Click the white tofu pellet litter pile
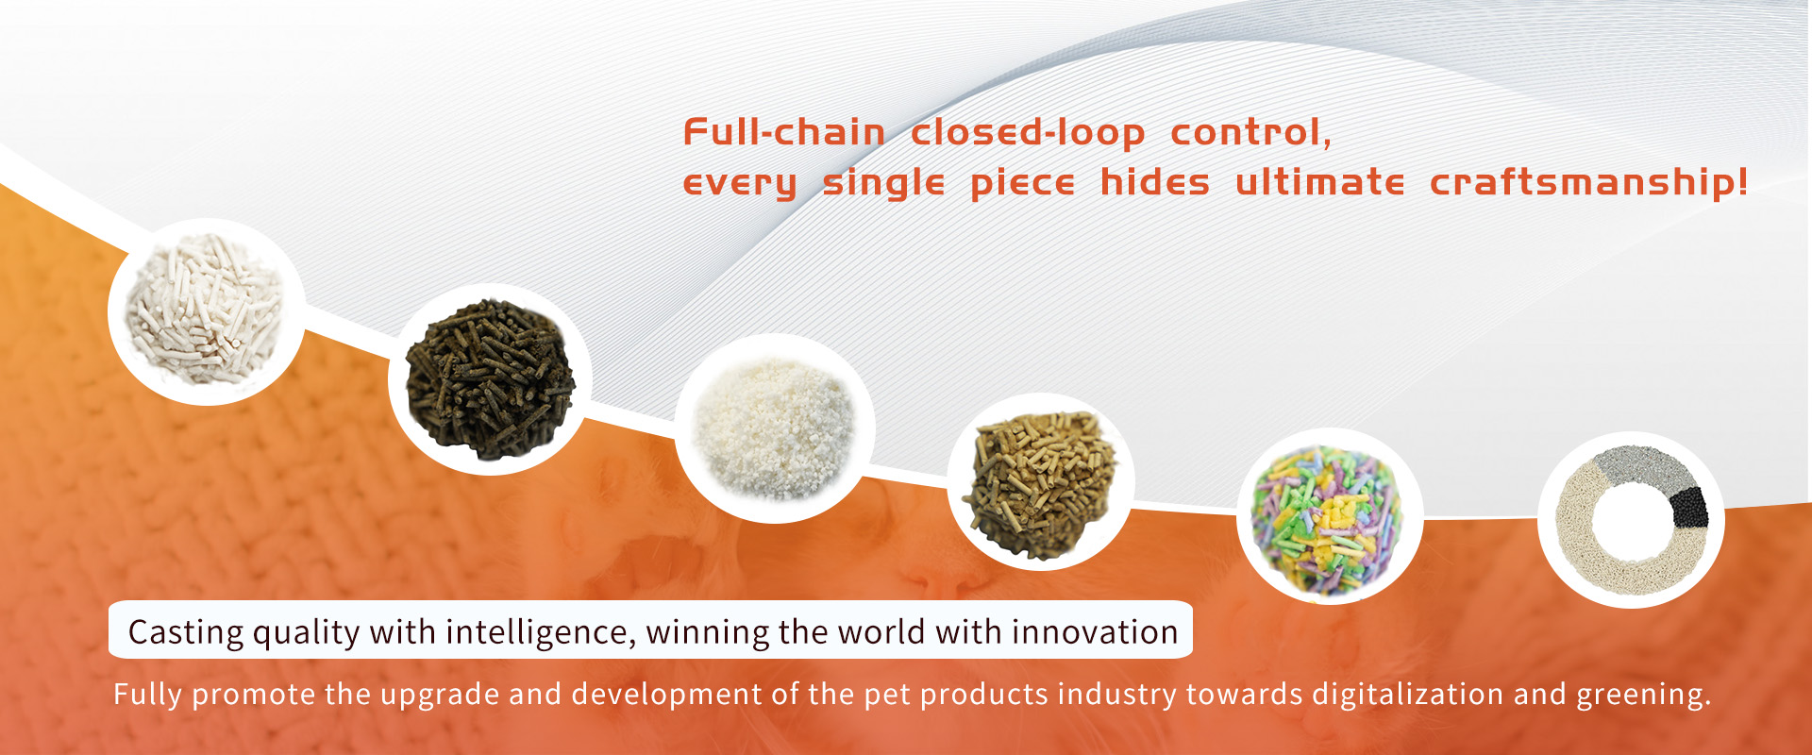(x=205, y=309)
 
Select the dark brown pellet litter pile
(x=490, y=379)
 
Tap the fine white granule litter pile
(x=774, y=428)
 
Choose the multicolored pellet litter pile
(x=1326, y=521)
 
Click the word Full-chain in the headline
(x=784, y=132)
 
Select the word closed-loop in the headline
(x=1028, y=133)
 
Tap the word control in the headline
(x=1250, y=133)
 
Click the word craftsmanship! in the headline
(x=1589, y=182)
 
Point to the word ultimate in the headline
(x=1320, y=182)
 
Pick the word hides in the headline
(x=1155, y=181)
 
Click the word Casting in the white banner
(x=186, y=632)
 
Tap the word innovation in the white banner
(x=1095, y=631)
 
